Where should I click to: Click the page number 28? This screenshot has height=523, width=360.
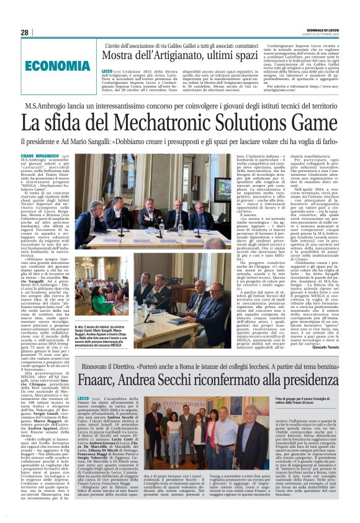click(x=25, y=32)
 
